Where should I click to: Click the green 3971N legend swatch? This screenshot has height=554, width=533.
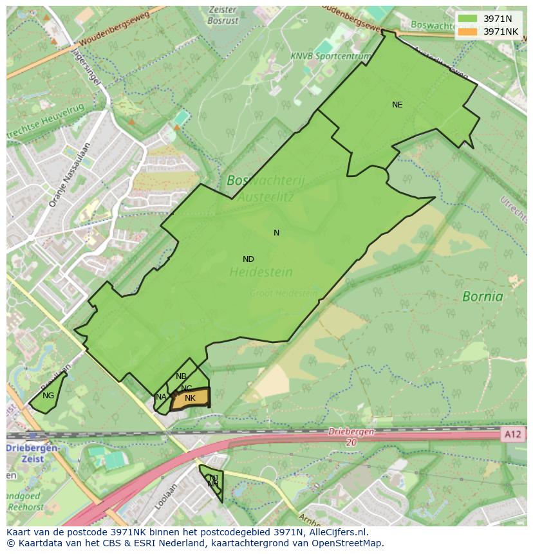[468, 19]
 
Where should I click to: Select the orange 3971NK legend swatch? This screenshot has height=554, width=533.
[468, 32]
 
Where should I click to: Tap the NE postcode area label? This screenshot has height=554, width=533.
[397, 104]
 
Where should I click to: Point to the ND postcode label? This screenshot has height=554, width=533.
[248, 259]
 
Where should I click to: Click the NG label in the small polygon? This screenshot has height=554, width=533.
[48, 396]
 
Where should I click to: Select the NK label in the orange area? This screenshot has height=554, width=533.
[190, 399]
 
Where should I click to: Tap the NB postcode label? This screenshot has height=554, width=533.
[181, 376]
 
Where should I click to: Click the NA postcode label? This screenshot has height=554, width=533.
[161, 397]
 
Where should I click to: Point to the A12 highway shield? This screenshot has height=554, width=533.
[513, 435]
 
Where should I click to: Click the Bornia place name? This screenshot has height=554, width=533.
[483, 297]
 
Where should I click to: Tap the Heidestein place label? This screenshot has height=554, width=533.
[261, 272]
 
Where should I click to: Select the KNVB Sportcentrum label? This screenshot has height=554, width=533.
[330, 57]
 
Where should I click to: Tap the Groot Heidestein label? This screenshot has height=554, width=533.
[284, 293]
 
